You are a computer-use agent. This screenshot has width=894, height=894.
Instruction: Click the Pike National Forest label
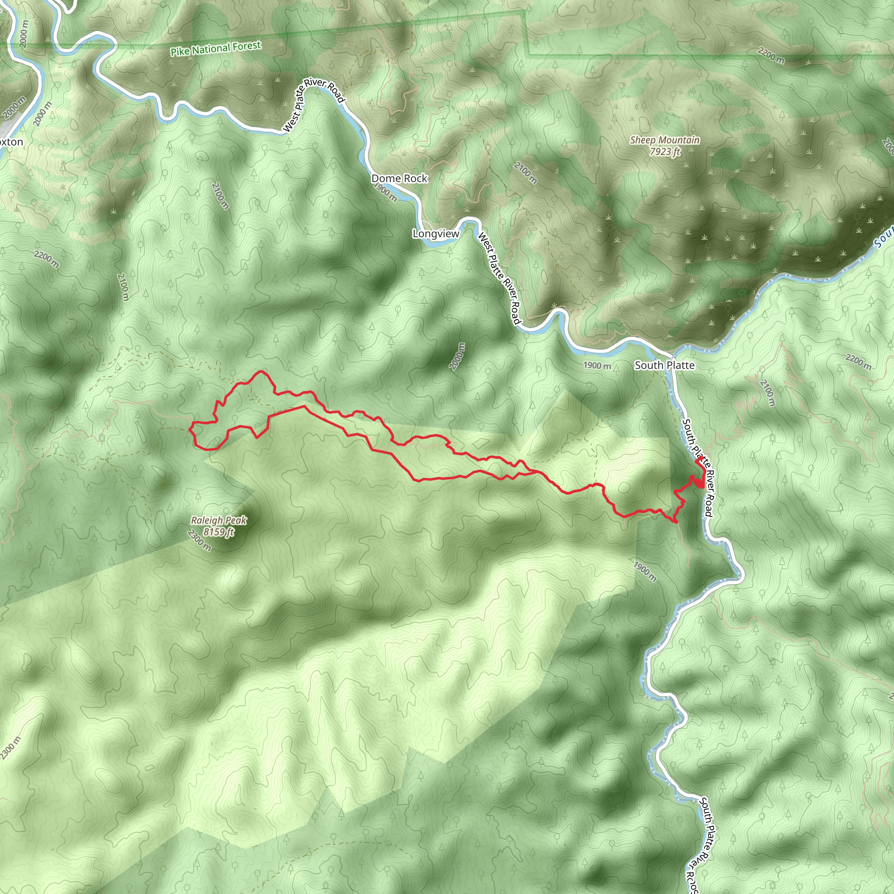pos(216,48)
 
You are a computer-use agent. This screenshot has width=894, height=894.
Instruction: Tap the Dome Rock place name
pos(399,179)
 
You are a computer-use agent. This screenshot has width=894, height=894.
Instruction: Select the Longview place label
pos(436,234)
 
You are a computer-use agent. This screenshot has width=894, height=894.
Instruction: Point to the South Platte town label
pos(664,365)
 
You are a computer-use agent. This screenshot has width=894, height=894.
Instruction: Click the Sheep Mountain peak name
pos(664,140)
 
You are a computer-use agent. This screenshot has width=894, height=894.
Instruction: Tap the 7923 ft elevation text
pos(665,151)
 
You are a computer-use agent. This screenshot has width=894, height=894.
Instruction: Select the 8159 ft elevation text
pos(219,532)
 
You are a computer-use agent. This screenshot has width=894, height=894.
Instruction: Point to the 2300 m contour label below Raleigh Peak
pos(199,541)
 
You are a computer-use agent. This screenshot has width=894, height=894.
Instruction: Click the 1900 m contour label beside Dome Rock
pos(385,192)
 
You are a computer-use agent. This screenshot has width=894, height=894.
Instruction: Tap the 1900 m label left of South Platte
pos(597,365)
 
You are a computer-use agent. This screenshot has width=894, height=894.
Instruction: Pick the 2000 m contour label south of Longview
pos(457,356)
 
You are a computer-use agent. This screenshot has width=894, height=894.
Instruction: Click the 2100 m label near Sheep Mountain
pos(526,173)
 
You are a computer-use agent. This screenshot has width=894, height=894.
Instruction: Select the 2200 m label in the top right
pos(771,55)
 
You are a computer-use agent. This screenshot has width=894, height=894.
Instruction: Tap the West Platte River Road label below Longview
pos(500,279)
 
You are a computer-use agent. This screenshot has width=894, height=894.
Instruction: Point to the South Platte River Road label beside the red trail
pos(697,468)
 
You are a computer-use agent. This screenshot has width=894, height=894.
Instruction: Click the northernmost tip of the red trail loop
pos(261,371)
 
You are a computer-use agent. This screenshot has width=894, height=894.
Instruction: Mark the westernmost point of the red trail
pos(189,429)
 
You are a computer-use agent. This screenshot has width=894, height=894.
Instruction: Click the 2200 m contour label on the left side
pos(46,259)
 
